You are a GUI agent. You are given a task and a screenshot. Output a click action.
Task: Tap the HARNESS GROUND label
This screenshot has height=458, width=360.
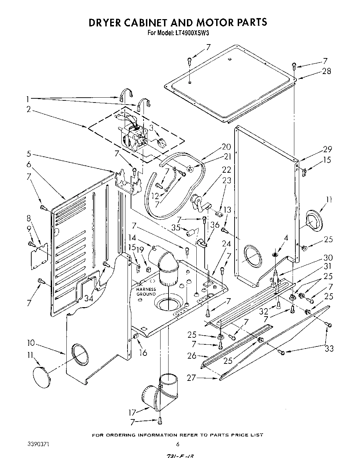[146, 292]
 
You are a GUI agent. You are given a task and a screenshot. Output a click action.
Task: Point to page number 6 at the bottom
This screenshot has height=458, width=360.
[178, 444]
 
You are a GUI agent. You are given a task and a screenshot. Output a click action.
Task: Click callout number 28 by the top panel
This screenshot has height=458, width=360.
[326, 71]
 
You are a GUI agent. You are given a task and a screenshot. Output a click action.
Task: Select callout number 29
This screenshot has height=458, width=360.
[327, 149]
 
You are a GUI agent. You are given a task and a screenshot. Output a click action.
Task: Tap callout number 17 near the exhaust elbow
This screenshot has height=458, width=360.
[132, 412]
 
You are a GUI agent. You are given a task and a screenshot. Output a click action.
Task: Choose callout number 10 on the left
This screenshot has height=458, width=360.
[31, 343]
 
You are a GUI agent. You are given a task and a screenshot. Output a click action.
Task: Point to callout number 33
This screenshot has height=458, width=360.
[329, 348]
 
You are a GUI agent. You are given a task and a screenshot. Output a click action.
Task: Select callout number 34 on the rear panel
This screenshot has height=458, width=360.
[89, 298]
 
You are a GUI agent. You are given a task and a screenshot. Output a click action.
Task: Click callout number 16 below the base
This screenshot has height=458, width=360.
[143, 353]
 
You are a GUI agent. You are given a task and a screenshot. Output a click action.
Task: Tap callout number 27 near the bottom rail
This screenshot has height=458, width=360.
[191, 378]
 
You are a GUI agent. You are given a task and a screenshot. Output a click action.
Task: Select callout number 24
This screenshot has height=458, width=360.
[226, 244]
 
